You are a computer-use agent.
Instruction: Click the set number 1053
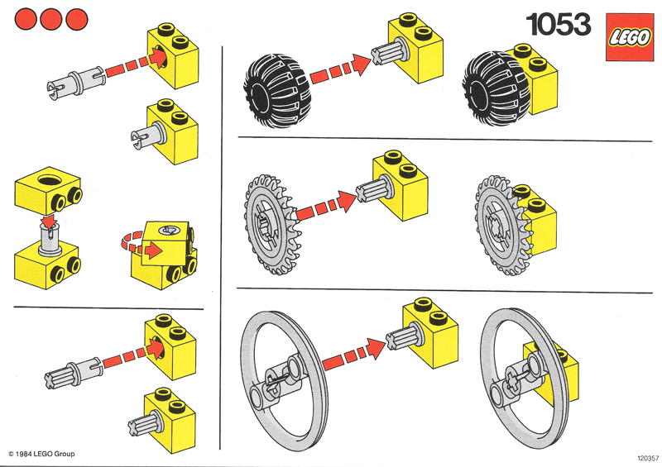coord(559,25)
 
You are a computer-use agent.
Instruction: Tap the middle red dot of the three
coord(51,17)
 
